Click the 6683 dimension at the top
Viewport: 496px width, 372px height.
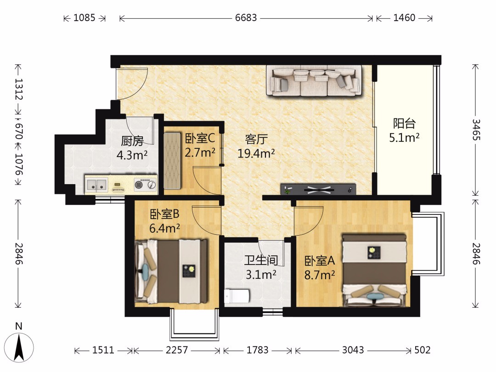pyautogui.click(x=246, y=18)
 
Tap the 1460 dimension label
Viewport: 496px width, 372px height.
pyautogui.click(x=404, y=18)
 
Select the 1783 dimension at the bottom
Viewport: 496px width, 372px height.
pyautogui.click(x=258, y=350)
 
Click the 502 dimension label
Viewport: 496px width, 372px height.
pyautogui.click(x=423, y=350)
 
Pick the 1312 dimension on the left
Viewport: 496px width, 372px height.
pyautogui.click(x=19, y=89)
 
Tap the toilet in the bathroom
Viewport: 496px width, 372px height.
pyautogui.click(x=237, y=296)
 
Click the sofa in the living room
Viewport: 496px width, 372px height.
pyautogui.click(x=314, y=80)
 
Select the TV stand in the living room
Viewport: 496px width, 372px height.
pyautogui.click(x=318, y=189)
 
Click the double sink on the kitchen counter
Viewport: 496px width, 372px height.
pyautogui.click(x=96, y=184)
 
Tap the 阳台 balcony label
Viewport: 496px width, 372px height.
pyautogui.click(x=404, y=124)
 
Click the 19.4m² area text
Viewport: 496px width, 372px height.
pyautogui.click(x=256, y=153)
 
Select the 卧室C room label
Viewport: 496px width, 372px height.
pyautogui.click(x=200, y=138)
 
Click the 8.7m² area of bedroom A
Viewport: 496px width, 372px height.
pyautogui.click(x=320, y=275)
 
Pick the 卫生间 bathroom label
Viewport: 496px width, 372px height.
pyautogui.click(x=261, y=260)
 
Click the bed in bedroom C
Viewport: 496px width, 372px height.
pyautogui.click(x=173, y=161)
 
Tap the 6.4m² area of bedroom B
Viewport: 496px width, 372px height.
pyautogui.click(x=164, y=228)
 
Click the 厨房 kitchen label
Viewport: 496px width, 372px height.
pyautogui.click(x=132, y=141)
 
